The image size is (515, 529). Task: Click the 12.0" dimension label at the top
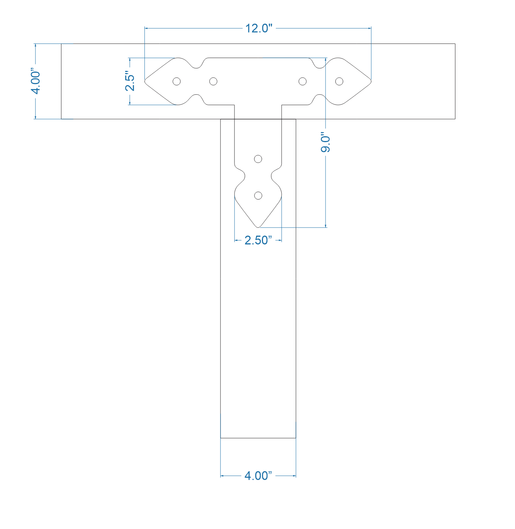pyautogui.click(x=259, y=28)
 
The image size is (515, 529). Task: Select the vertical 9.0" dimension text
pyautogui.click(x=325, y=142)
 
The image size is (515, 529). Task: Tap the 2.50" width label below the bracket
pyautogui.click(x=258, y=240)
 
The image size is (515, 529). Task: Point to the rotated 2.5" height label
pyautogui.click(x=130, y=81)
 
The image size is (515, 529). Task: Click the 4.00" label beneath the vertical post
pyautogui.click(x=258, y=476)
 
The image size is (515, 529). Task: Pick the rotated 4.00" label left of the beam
pyautogui.click(x=35, y=81)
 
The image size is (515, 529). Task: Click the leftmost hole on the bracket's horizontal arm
pyautogui.click(x=177, y=81)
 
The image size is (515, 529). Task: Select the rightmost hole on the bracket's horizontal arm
pyautogui.click(x=339, y=81)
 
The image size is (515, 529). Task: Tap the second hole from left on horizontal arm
pyautogui.click(x=213, y=81)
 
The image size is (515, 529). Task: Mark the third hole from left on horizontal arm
pyautogui.click(x=302, y=81)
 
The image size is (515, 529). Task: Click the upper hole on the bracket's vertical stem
pyautogui.click(x=258, y=159)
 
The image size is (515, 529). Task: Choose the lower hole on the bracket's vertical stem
pyautogui.click(x=258, y=196)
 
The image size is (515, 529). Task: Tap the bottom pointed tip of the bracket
pyautogui.click(x=258, y=227)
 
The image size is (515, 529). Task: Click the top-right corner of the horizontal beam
pyautogui.click(x=455, y=44)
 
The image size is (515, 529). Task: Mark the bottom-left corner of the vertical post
pyautogui.click(x=221, y=438)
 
